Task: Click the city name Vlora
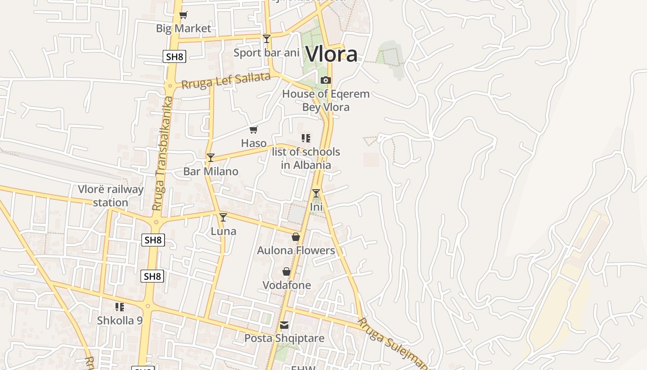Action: tap(331, 54)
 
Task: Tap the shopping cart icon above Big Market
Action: tap(183, 15)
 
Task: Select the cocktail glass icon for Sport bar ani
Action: tap(266, 39)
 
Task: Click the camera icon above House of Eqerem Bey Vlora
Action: tap(326, 80)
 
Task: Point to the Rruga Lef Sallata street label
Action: tap(226, 80)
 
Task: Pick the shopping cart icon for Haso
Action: tap(253, 130)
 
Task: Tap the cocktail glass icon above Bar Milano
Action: tap(211, 158)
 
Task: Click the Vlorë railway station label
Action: tap(110, 196)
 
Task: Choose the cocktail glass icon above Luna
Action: tap(223, 217)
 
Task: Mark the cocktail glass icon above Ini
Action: tap(316, 193)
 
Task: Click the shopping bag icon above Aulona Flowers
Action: tap(296, 237)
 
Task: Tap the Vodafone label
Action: tap(287, 285)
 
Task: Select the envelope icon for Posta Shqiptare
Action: tap(284, 325)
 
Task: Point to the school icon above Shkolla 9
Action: tap(120, 307)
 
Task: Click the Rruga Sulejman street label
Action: tap(393, 343)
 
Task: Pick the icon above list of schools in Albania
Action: tap(305, 138)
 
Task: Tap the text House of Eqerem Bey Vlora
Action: tap(326, 100)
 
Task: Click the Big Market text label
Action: tap(183, 28)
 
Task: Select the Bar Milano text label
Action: tap(211, 171)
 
